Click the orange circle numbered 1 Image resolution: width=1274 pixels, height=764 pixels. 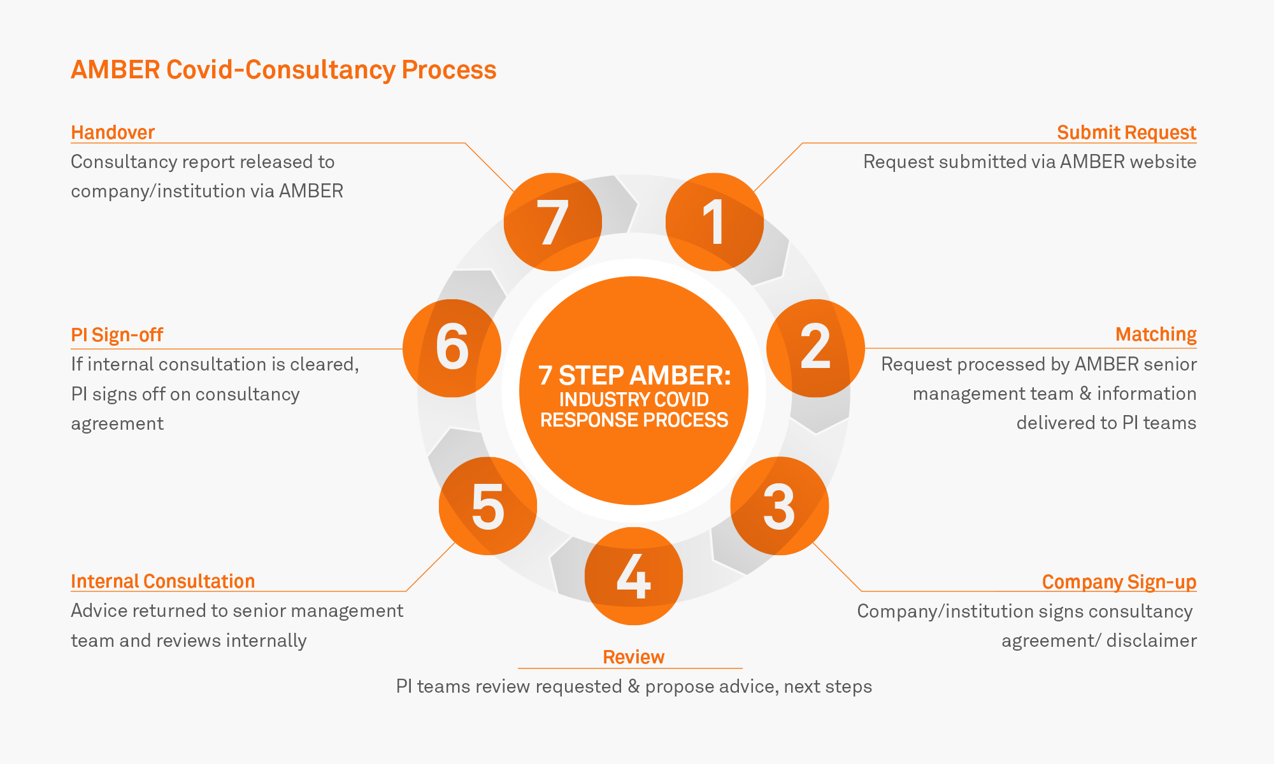tap(714, 222)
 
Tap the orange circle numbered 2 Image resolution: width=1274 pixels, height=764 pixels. tap(815, 348)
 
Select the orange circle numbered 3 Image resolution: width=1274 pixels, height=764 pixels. tap(779, 506)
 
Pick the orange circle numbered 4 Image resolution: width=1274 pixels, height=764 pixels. tap(634, 576)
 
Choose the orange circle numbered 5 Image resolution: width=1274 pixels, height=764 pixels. tap(488, 506)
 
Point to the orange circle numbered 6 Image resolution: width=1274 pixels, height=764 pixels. tap(452, 348)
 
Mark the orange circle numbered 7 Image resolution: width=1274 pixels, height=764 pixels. tap(553, 222)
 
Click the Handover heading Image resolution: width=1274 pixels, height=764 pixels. tap(113, 132)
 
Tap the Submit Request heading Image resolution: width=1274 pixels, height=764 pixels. tap(1126, 132)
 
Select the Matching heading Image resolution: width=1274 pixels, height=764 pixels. tap(1156, 334)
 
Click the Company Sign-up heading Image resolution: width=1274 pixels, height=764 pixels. tap(1119, 582)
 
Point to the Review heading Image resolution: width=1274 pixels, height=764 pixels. tap(633, 657)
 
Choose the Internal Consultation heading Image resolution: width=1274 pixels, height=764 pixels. tap(162, 581)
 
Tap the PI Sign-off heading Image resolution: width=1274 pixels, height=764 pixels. tap(117, 335)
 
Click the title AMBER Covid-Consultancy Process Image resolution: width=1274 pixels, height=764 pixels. tap(283, 70)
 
